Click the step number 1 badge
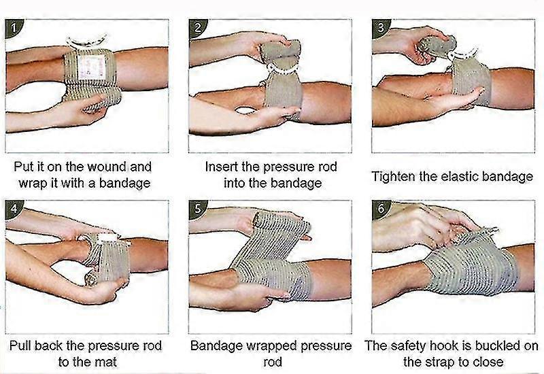14,29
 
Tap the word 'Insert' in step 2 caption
222,167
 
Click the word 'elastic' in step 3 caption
461,177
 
